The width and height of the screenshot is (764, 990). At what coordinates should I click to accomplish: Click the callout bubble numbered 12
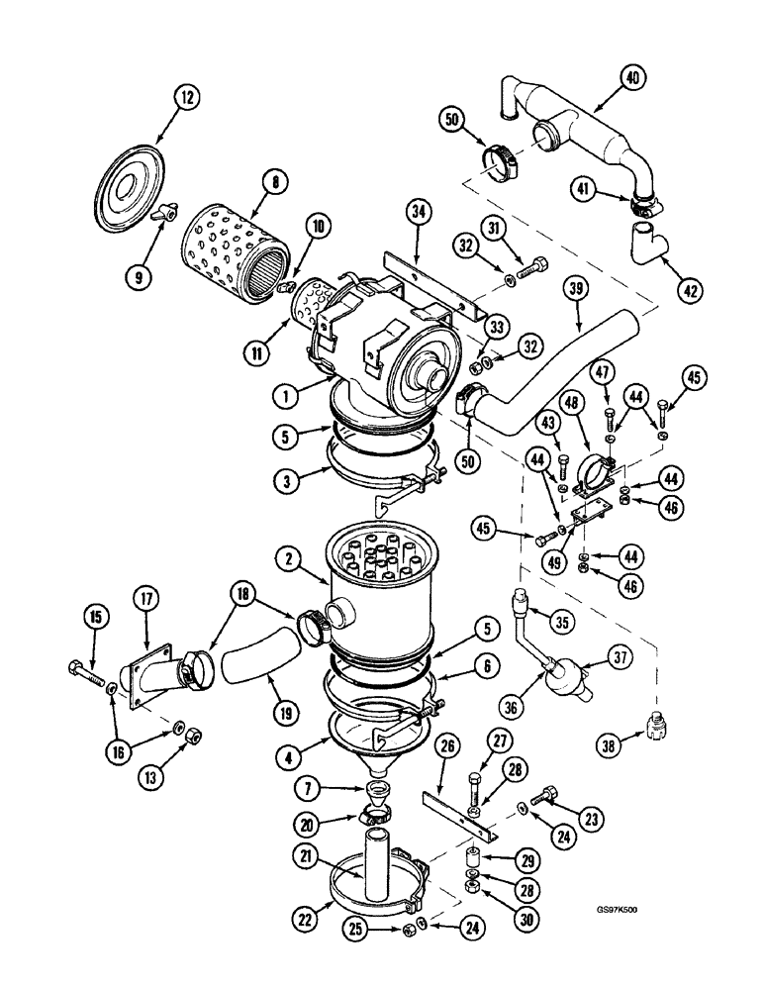tap(187, 98)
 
